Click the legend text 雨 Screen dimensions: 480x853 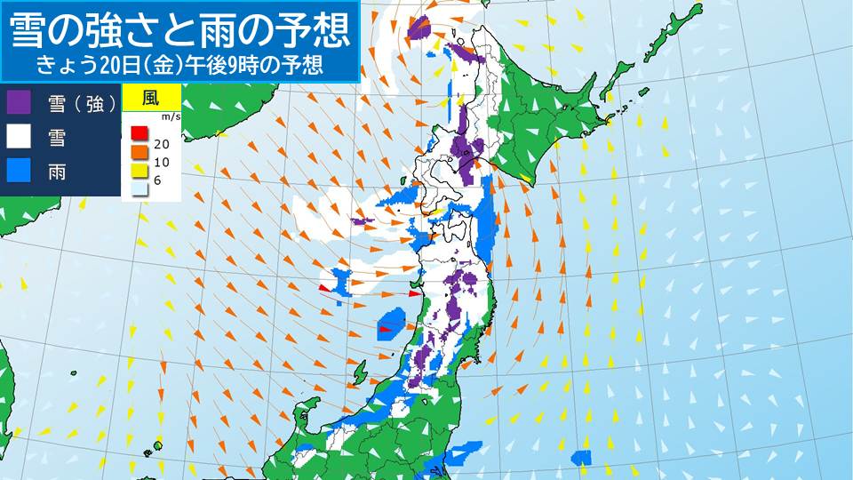[56, 172]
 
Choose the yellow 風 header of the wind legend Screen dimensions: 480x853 [151, 97]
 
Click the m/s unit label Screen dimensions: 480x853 [170, 116]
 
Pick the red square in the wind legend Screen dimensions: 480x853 [139, 134]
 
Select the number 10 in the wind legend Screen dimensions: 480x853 [162, 163]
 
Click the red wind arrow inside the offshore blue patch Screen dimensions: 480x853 [386, 330]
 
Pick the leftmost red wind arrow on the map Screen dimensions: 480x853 [325, 287]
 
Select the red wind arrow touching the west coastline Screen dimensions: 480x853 [414, 292]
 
